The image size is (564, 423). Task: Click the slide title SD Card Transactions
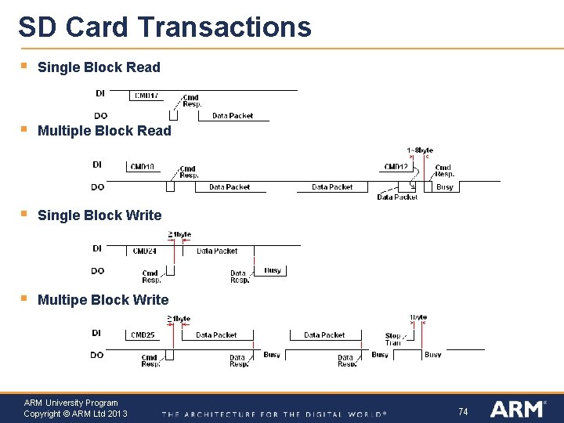pos(164,27)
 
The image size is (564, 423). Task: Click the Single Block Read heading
pos(99,67)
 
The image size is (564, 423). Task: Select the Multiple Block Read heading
pos(104,131)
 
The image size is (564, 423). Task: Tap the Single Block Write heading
pos(99,215)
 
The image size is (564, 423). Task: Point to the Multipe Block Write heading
pos(103,300)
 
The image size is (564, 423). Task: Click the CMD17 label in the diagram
pos(146,96)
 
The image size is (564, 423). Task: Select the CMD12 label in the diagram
pos(396,167)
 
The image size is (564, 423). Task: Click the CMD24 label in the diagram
pos(145,251)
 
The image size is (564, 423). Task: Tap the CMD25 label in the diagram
pos(143,335)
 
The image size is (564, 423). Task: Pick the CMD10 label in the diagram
pos(142,167)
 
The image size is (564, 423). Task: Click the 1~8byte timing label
pos(420,150)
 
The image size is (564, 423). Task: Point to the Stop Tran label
pos(392,339)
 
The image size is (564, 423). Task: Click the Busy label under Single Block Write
pos(273,270)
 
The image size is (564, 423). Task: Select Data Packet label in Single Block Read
pos(233,116)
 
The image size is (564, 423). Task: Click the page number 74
pos(463,411)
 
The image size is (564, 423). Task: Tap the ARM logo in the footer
pos(518,409)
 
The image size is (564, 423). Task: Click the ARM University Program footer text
pos(70,403)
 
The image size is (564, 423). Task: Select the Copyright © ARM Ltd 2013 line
pos(75,414)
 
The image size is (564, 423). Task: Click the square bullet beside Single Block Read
pos(24,67)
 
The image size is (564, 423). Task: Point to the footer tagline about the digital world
pos(273,414)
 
